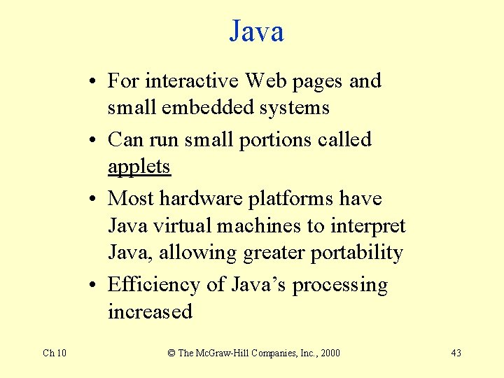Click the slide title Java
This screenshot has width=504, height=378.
pyautogui.click(x=256, y=31)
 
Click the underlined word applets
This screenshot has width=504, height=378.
pyautogui.click(x=139, y=167)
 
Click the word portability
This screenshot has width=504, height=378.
pyautogui.click(x=357, y=253)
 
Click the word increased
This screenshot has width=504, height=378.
pyautogui.click(x=150, y=311)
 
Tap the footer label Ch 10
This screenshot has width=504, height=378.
pyautogui.click(x=55, y=353)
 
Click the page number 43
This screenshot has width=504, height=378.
pyautogui.click(x=456, y=353)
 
